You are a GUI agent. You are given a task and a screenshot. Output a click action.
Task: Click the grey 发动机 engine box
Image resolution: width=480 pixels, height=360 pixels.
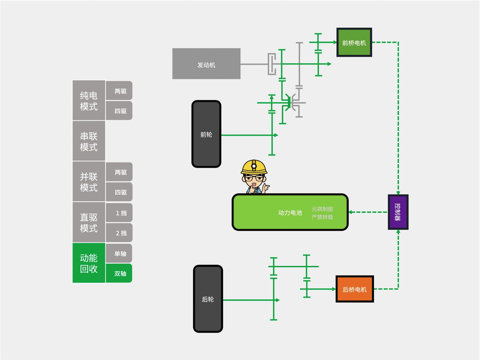(206, 64)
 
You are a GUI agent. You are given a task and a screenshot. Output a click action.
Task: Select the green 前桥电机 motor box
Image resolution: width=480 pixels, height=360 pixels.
(354, 42)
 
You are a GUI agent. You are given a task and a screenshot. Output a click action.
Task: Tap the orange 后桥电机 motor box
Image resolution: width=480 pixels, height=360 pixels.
(355, 289)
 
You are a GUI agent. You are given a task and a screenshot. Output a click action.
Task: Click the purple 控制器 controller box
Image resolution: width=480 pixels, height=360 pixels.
(398, 212)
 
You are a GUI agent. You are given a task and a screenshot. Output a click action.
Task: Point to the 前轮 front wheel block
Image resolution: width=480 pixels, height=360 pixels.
(206, 134)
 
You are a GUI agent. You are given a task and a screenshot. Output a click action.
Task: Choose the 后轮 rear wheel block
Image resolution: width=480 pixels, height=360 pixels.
(208, 299)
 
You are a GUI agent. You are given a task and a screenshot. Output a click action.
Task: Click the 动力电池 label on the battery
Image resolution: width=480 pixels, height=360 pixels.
(290, 213)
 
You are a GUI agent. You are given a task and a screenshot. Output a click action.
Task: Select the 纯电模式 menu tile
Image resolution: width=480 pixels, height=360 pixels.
(89, 101)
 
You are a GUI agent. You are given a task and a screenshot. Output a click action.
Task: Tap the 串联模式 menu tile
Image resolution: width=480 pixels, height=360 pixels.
(89, 141)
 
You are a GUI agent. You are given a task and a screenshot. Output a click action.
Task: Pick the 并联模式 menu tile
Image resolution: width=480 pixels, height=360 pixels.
(89, 182)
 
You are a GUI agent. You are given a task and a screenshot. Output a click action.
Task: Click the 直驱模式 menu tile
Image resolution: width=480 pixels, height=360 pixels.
(89, 223)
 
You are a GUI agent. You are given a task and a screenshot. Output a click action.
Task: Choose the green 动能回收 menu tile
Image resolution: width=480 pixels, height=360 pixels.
(89, 263)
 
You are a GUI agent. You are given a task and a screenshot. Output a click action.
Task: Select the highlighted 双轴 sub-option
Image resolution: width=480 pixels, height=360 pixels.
(120, 274)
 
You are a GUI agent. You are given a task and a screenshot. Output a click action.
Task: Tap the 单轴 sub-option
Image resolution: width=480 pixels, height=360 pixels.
(120, 254)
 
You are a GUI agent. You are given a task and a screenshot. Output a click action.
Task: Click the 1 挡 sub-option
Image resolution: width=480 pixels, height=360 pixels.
(120, 213)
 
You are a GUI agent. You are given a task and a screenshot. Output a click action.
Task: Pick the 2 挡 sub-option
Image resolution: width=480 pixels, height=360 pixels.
(120, 233)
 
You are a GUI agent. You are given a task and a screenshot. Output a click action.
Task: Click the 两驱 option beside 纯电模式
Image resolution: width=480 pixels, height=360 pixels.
(120, 91)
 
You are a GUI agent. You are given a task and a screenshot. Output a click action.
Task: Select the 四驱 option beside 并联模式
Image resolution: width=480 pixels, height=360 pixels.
(120, 192)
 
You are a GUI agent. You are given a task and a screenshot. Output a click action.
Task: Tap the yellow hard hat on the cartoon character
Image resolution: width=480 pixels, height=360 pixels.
(254, 167)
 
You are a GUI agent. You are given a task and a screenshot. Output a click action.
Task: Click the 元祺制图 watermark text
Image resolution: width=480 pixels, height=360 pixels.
(322, 209)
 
